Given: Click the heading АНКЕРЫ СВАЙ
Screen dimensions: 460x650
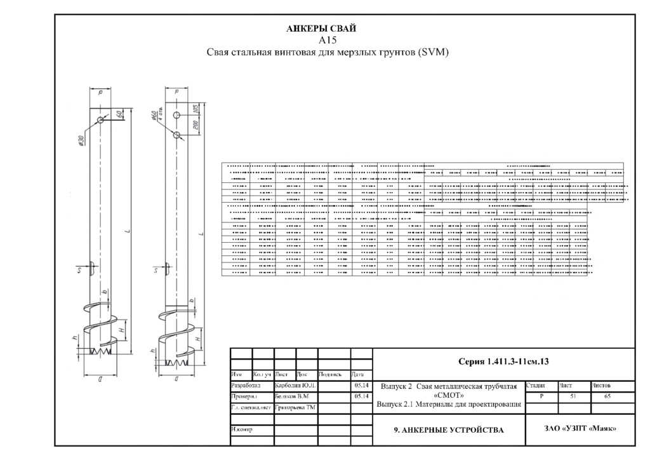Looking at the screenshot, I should pyautogui.click(x=322, y=29).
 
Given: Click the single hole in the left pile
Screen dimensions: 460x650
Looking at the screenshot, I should pyautogui.click(x=101, y=121).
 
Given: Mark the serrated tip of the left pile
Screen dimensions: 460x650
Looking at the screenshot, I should pyautogui.click(x=102, y=351).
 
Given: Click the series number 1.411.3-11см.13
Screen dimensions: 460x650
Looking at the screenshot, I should pyautogui.click(x=503, y=362).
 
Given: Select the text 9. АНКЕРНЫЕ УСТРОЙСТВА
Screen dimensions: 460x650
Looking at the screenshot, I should pyautogui.click(x=449, y=430).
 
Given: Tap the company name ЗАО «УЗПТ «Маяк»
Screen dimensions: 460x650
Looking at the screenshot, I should pyautogui.click(x=580, y=428).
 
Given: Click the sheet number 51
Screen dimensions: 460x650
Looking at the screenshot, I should pyautogui.click(x=573, y=396).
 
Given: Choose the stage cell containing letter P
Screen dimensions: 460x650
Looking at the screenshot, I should pyautogui.click(x=541, y=396).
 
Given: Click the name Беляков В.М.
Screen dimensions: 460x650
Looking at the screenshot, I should pyautogui.click(x=291, y=396).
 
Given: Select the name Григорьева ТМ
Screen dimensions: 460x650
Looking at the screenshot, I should pyautogui.click(x=295, y=407).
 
